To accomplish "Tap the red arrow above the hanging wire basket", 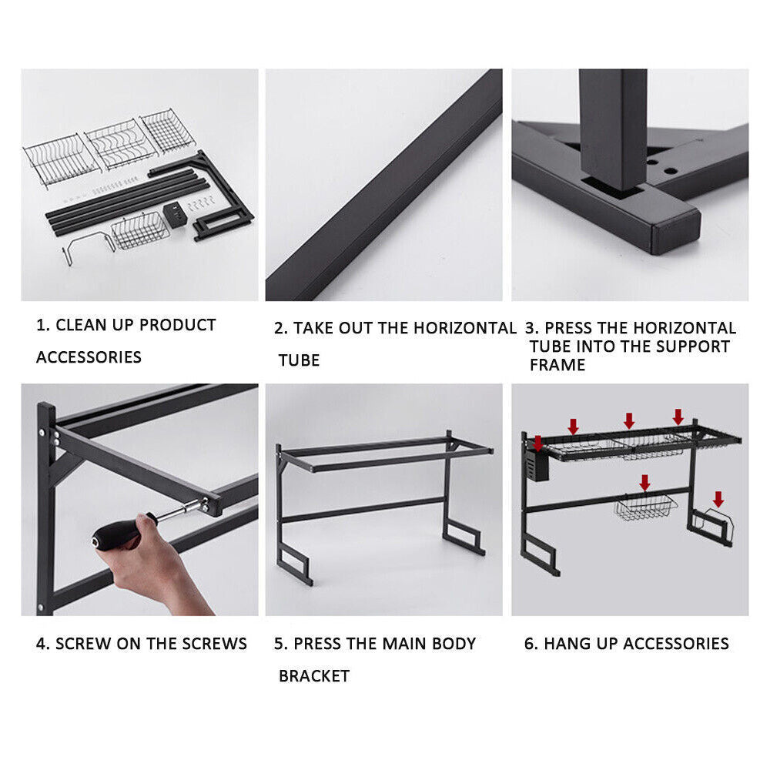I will pyautogui.click(x=644, y=483).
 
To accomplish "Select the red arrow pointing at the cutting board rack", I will pyautogui.click(x=718, y=499).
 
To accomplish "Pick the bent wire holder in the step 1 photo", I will pyautogui.click(x=85, y=244).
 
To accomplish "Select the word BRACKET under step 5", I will pyautogui.click(x=314, y=676).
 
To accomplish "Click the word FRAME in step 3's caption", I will pyautogui.click(x=557, y=365).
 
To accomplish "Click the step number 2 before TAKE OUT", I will pyautogui.click(x=280, y=328).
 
